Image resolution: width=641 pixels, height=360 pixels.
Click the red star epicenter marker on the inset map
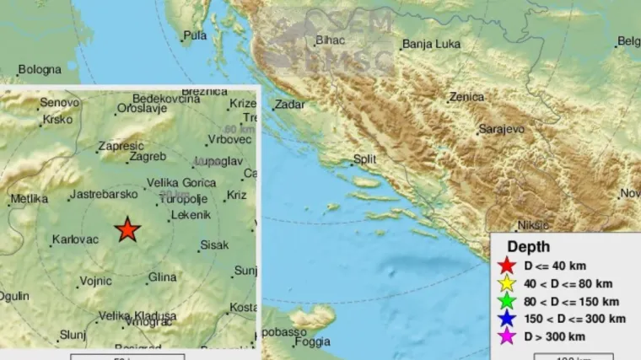[x=127, y=228]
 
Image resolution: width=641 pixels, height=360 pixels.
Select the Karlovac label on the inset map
[x=75, y=240]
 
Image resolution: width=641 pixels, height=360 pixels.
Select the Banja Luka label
[x=430, y=45]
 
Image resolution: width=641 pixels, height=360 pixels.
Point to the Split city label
[x=364, y=159]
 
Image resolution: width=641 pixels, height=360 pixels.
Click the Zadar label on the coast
[x=289, y=105]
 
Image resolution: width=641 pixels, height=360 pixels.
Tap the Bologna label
[x=40, y=69]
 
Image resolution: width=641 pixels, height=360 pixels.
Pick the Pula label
[x=195, y=35]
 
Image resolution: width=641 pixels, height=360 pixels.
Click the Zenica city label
[x=466, y=97]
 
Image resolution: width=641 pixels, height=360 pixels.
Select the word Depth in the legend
[x=529, y=247]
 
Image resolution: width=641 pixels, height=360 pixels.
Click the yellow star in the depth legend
[x=507, y=284]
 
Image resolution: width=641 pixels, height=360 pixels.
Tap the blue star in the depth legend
[x=507, y=320]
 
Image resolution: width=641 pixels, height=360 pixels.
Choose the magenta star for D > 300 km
[x=507, y=337]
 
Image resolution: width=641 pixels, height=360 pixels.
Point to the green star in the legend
[x=507, y=302]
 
